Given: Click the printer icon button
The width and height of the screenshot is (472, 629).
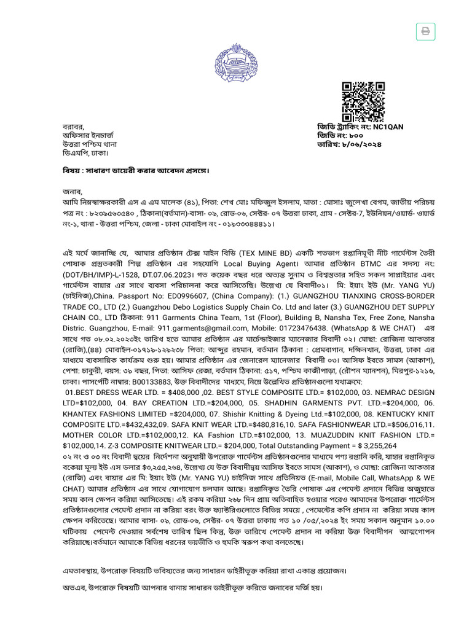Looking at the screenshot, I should click(424, 31).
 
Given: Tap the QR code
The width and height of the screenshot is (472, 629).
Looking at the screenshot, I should click(363, 101).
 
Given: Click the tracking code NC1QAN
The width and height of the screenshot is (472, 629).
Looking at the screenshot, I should click(388, 127).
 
